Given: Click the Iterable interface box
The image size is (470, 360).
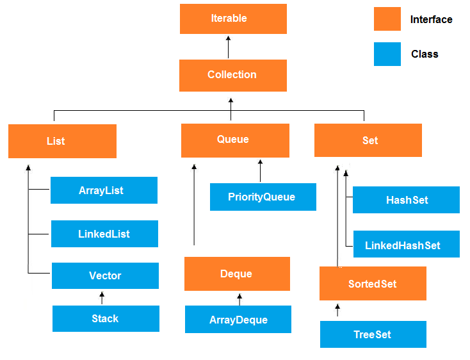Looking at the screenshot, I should tap(233, 19).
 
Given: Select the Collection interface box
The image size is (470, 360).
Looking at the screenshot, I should tap(232, 75).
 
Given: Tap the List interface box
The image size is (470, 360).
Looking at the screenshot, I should tap(62, 141).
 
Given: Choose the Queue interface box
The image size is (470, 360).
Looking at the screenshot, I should tap(235, 140).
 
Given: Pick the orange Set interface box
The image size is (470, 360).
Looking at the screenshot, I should tap(368, 140).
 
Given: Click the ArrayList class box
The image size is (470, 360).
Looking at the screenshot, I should tap(104, 190).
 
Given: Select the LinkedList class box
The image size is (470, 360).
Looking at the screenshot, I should tap(104, 234).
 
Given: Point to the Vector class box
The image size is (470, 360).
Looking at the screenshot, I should tap(105, 275).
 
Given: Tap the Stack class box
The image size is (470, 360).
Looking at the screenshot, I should tap(106, 318).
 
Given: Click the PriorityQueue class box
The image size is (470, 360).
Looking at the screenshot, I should tap(263, 197).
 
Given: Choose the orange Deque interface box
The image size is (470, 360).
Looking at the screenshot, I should tap(237, 274).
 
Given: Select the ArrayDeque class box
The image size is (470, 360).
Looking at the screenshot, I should tap(238, 320).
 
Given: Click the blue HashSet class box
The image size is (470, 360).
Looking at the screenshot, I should tap(406, 200).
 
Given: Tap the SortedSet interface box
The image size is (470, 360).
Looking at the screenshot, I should tap(373, 284).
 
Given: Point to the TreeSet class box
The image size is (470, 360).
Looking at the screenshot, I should tap(373, 334).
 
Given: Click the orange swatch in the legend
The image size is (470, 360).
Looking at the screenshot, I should tap(387, 19).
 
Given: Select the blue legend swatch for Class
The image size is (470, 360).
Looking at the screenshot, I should tap(387, 54).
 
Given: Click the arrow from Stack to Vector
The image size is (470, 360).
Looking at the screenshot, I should tap(101, 298).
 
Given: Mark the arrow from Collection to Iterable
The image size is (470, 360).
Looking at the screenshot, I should tap(228, 47).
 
